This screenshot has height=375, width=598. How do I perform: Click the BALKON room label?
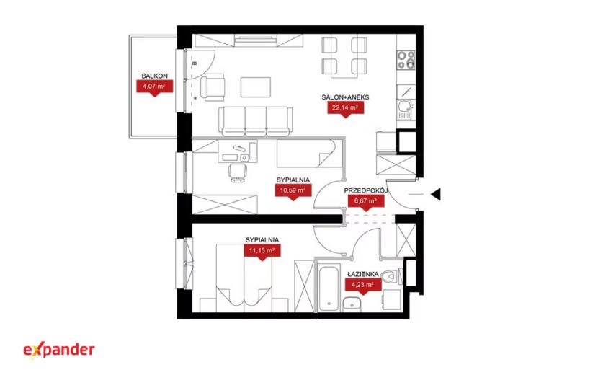tap(154, 76)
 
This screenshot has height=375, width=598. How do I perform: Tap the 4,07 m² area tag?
tap(154, 87)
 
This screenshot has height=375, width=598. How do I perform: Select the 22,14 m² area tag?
tap(346, 108)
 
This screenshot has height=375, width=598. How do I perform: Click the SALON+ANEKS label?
tap(346, 97)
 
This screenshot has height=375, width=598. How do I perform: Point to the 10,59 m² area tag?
tap(293, 190)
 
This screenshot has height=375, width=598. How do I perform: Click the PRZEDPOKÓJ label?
tap(366, 190)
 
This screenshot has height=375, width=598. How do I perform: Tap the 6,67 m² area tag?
tap(366, 201)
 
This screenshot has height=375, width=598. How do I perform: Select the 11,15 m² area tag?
tap(262, 251)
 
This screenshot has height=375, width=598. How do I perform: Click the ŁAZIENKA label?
tap(362, 274)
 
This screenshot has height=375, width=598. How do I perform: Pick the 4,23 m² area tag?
tap(363, 285)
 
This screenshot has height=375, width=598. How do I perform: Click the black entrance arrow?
tap(436, 195)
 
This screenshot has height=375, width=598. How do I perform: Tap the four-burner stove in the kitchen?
tap(406, 60)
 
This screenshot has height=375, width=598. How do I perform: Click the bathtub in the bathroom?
tap(329, 288)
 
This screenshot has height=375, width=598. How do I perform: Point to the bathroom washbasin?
tap(352, 304)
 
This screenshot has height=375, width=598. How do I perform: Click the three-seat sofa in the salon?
tap(255, 121)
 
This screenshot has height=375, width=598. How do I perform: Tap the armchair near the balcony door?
tap(213, 87)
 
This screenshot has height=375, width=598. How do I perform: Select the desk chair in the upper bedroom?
tap(237, 172)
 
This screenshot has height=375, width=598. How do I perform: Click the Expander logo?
tap(59, 350)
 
